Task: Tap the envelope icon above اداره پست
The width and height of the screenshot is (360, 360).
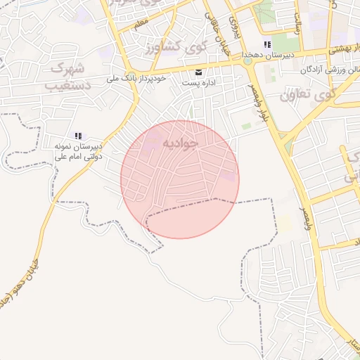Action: point(199,72)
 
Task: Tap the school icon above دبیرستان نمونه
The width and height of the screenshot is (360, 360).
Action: point(78,136)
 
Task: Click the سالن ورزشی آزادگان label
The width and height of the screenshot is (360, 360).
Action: point(330,70)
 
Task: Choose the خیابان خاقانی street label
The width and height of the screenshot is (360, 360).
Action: point(217,28)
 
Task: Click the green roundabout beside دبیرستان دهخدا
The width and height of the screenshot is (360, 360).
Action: point(247,61)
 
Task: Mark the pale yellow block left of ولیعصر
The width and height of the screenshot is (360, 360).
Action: point(284,224)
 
